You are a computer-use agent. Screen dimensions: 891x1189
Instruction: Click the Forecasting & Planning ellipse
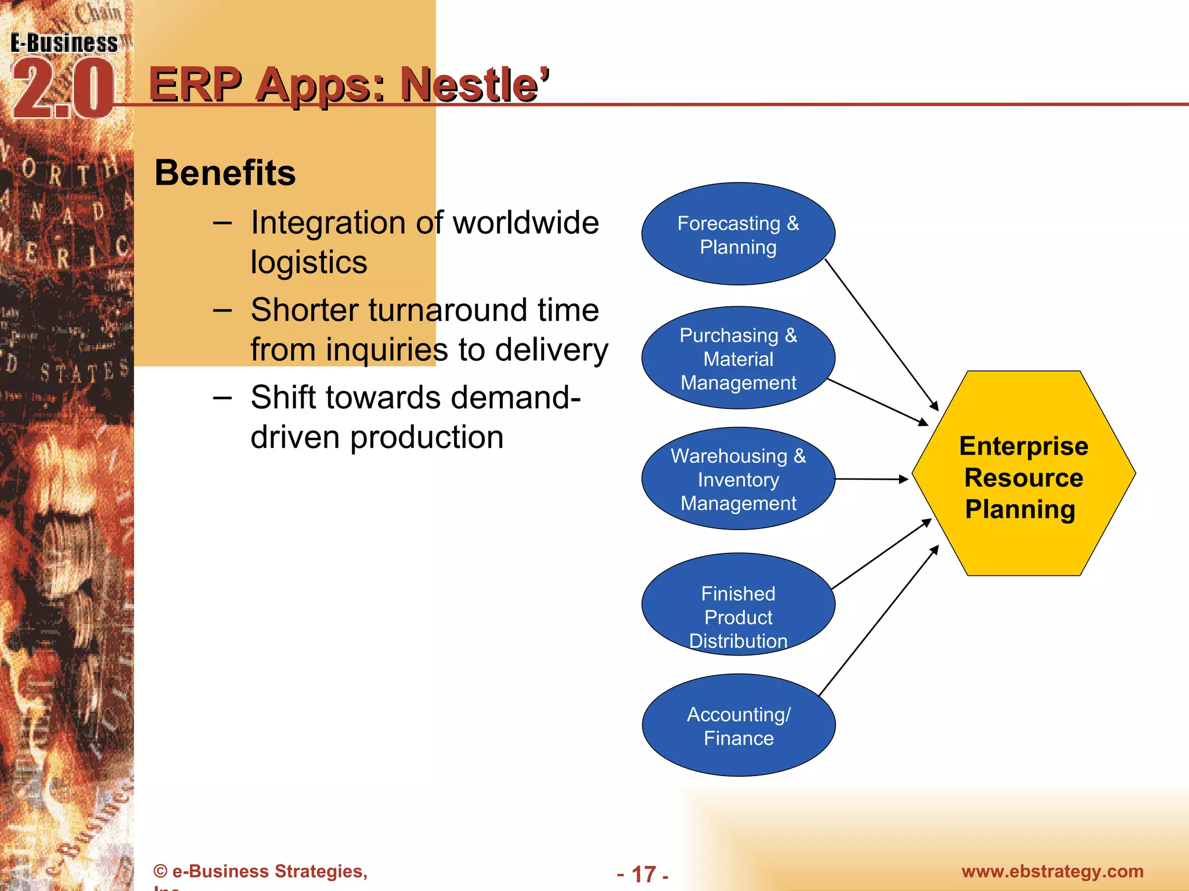click(x=738, y=234)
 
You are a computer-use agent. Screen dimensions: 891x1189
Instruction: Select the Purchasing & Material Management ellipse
click(x=738, y=358)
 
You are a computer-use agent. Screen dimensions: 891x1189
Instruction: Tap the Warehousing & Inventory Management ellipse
click(x=738, y=479)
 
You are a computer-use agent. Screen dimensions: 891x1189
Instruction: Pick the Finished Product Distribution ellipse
click(x=738, y=604)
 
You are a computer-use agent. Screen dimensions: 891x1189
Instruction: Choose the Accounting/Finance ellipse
click(x=738, y=725)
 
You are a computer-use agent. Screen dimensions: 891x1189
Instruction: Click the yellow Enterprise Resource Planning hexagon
click(x=1023, y=473)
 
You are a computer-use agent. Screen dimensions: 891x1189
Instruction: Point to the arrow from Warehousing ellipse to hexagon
click(x=871, y=479)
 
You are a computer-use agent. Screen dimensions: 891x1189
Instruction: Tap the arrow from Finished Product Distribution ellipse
click(x=881, y=554)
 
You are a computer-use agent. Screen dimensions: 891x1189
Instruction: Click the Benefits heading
click(x=225, y=173)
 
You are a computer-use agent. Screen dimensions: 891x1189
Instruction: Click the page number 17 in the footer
click(x=643, y=874)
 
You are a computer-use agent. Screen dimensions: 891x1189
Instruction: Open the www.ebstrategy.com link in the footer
click(x=1052, y=871)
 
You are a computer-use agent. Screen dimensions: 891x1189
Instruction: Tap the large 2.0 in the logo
click(x=63, y=90)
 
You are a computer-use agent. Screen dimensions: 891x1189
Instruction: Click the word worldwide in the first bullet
click(x=525, y=223)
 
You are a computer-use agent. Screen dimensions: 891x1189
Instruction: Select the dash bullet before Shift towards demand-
click(x=222, y=398)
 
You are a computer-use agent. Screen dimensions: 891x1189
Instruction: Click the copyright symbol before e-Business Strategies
click(x=161, y=871)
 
